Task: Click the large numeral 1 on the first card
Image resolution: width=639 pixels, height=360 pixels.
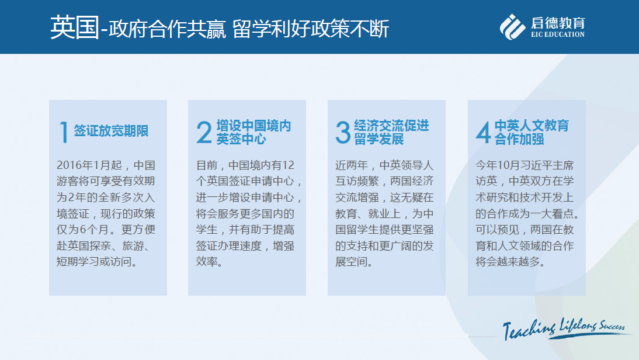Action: pos(64,131)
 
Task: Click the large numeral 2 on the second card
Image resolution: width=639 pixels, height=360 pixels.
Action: pos(204,132)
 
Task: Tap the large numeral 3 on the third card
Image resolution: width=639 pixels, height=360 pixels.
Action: pos(343,132)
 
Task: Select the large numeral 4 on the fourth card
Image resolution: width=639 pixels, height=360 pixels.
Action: pos(483,132)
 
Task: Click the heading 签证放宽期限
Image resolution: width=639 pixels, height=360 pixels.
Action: pos(111,131)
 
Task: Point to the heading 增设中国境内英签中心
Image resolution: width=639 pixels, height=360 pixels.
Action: pos(253,132)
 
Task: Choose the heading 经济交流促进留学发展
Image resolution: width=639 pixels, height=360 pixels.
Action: pos(391,132)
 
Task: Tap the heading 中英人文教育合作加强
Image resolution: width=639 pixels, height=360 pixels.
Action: pos(532,132)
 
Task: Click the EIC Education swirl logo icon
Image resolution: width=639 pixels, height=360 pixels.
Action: pos(512,27)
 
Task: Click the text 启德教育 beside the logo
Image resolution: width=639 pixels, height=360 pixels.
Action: pos(558,23)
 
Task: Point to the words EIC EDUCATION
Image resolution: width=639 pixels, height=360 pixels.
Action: pos(558,34)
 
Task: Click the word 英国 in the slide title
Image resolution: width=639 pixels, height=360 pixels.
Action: pos(75,27)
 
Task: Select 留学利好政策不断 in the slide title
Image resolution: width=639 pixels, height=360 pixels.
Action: pos(311,29)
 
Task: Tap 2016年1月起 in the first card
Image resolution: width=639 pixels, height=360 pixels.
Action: pos(89,165)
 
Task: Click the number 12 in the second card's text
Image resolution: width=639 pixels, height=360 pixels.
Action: pos(288,165)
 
